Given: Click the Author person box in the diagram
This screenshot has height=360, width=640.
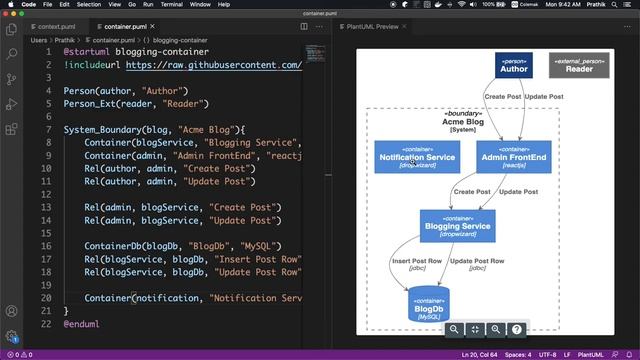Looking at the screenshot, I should (513, 66).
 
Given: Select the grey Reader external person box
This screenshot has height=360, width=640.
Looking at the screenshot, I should (578, 66).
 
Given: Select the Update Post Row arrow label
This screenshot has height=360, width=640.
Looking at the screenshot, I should (476, 264).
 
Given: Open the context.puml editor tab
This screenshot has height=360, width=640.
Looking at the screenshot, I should (56, 26).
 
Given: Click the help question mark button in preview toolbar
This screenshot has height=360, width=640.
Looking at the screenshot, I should (516, 329).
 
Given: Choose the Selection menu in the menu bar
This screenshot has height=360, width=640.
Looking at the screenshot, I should (88, 5).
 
